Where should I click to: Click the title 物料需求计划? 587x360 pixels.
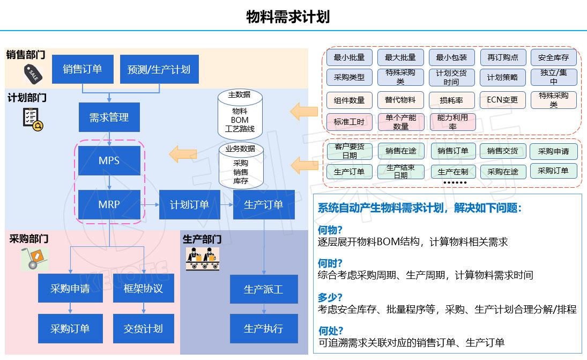pyautogui.click(x=287, y=17)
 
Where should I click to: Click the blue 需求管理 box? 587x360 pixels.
pyautogui.click(x=109, y=117)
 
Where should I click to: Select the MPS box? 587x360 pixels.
pyautogui.click(x=109, y=160)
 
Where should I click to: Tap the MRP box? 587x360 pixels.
pyautogui.click(x=109, y=204)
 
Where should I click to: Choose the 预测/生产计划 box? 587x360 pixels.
pyautogui.click(x=159, y=69)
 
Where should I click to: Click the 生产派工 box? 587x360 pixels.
pyautogui.click(x=263, y=289)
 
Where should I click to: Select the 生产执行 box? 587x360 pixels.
pyautogui.click(x=263, y=328)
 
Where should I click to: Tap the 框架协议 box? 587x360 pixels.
pyautogui.click(x=143, y=289)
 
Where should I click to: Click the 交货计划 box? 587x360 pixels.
pyautogui.click(x=143, y=328)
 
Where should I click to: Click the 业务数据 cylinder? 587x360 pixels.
pyautogui.click(x=240, y=165)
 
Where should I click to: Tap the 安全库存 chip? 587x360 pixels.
pyautogui.click(x=553, y=57)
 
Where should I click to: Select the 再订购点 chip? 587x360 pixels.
pyautogui.click(x=502, y=57)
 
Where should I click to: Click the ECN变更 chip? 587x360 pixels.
pyautogui.click(x=502, y=100)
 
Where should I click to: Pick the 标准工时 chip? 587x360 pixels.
pyautogui.click(x=349, y=122)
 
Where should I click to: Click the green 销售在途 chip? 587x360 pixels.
pyautogui.click(x=400, y=151)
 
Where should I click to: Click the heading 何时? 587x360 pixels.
pyautogui.click(x=330, y=263)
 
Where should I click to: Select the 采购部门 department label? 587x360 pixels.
pyautogui.click(x=28, y=239)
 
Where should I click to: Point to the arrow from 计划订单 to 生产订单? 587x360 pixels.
pyautogui.click(x=226, y=204)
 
